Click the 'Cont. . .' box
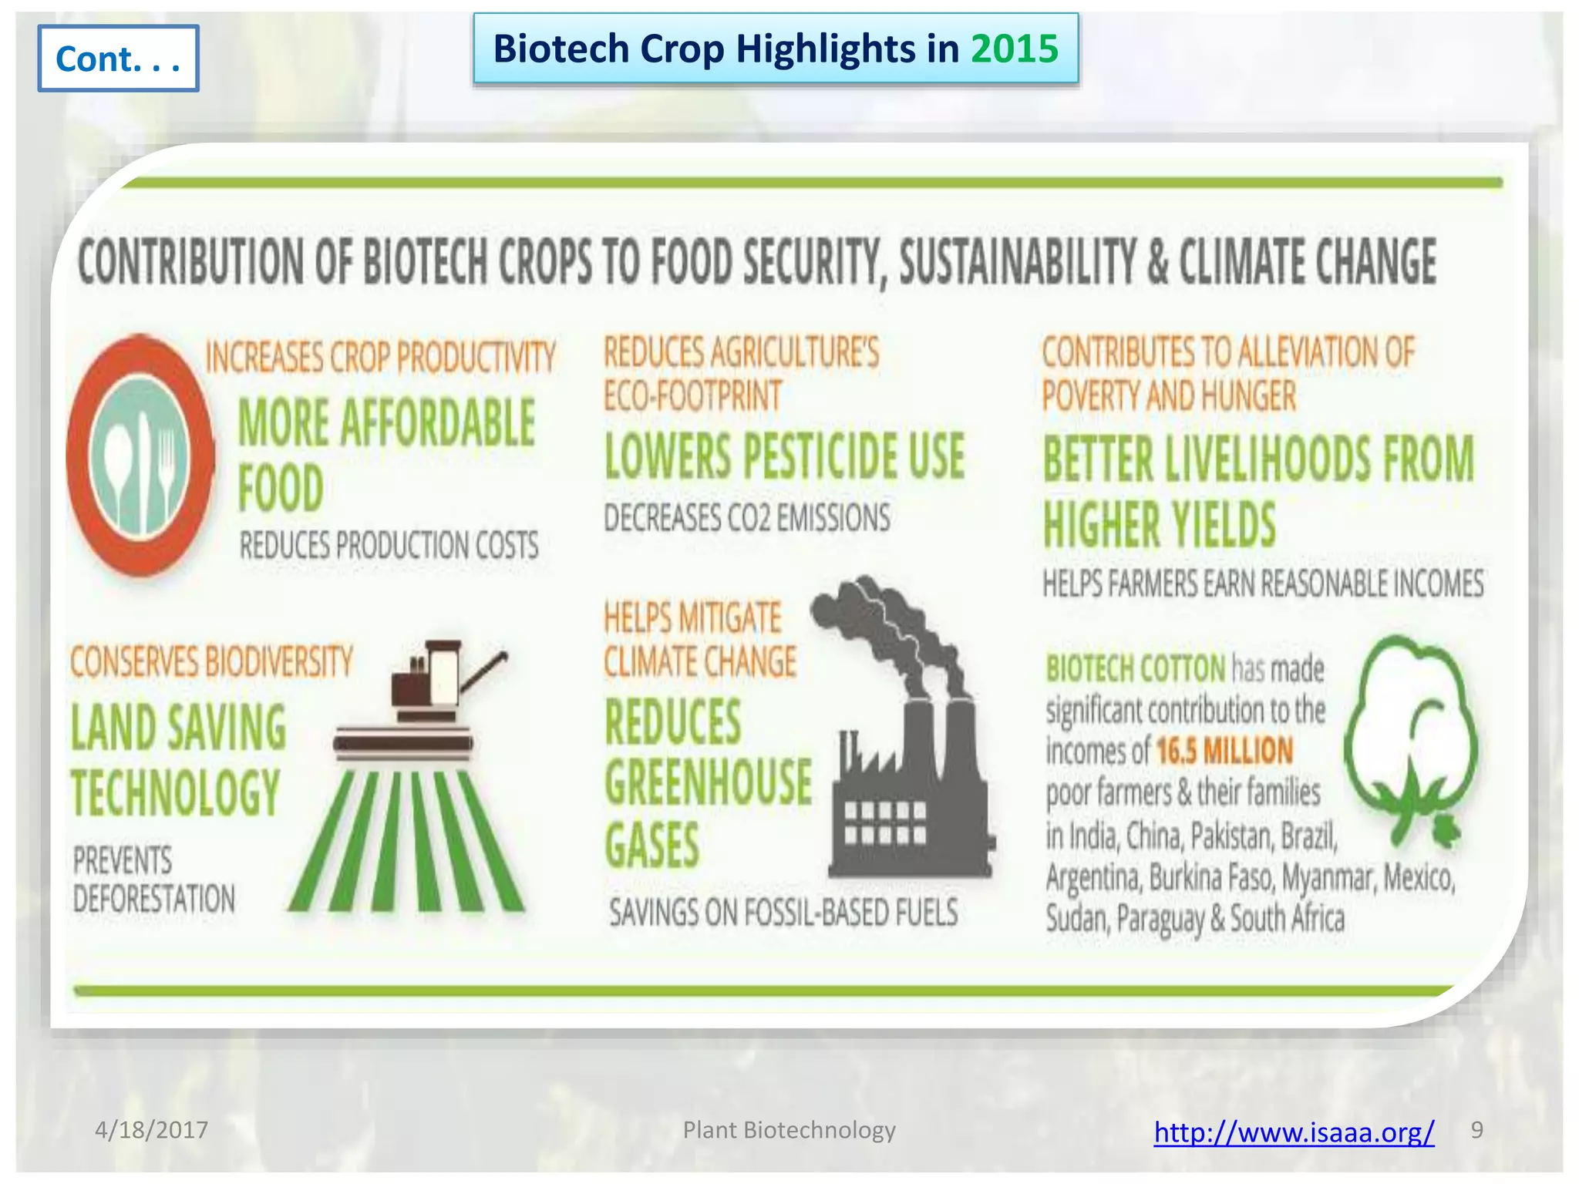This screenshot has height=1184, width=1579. click(118, 59)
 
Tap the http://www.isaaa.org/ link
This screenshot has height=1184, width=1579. click(1294, 1132)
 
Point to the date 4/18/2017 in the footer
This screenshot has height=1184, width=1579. click(151, 1130)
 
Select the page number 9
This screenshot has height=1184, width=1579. click(1476, 1129)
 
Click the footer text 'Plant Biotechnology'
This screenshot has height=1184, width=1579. click(789, 1130)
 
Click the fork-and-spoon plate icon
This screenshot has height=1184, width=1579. click(140, 456)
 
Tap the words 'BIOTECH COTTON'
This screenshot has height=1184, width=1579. click(1135, 668)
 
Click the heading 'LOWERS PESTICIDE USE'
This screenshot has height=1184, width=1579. click(784, 456)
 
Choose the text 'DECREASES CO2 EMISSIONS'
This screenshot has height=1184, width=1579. click(746, 517)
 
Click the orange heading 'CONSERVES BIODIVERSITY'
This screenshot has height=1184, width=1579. click(211, 662)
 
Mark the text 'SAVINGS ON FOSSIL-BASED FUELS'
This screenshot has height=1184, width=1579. click(783, 913)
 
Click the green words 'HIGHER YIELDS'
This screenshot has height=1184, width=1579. click(1159, 525)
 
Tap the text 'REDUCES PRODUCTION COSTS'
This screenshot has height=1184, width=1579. click(389, 546)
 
